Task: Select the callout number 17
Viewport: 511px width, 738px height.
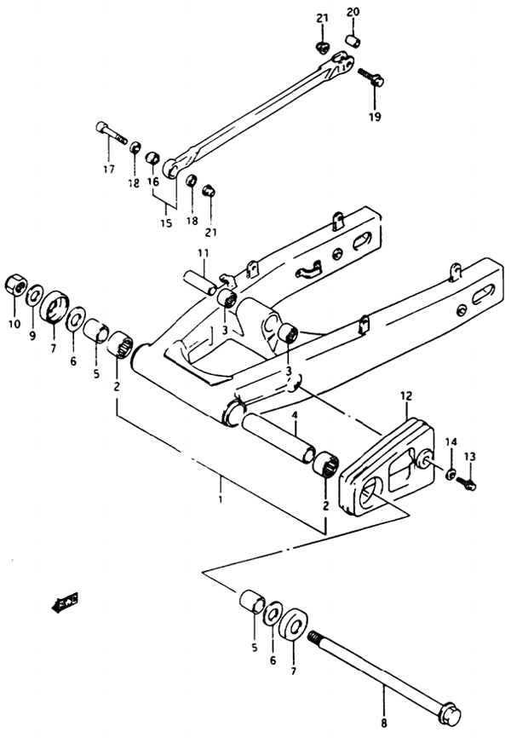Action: [108, 169]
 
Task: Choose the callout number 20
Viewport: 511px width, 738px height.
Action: [353, 12]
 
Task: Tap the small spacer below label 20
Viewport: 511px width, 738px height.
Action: [353, 40]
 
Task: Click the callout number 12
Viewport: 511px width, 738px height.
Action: [405, 396]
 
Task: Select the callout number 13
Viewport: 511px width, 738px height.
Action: [470, 456]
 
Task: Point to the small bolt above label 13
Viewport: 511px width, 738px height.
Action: [469, 483]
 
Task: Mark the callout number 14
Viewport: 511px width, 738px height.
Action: [451, 441]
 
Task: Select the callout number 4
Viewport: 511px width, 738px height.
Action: [295, 417]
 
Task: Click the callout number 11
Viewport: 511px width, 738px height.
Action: [204, 253]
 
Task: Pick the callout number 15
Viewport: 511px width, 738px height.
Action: [165, 223]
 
